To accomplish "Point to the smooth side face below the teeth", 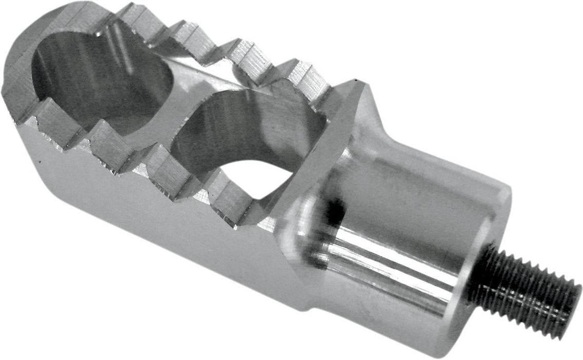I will pyautogui.click(x=154, y=216).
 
